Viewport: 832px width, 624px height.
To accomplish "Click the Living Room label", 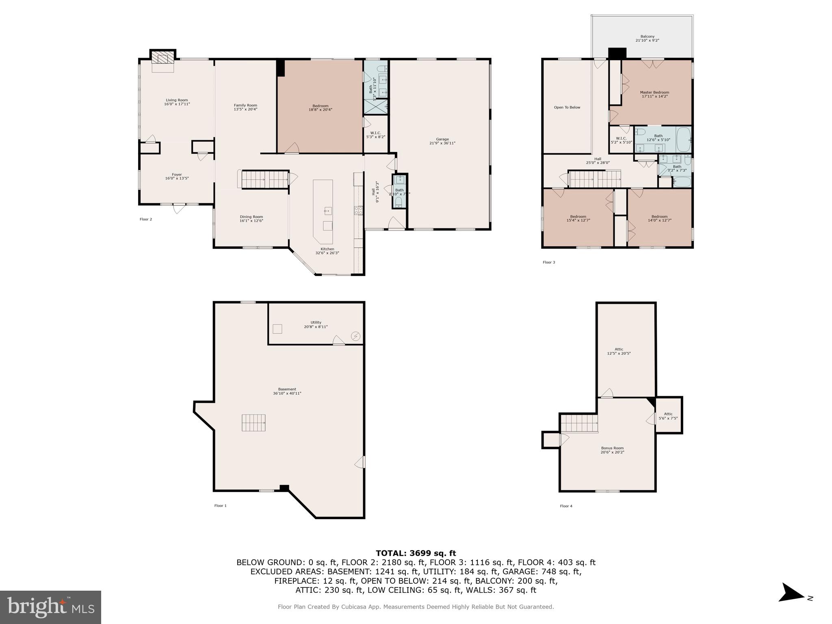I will [x=177, y=100].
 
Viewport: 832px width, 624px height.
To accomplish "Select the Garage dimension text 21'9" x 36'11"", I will [x=442, y=143].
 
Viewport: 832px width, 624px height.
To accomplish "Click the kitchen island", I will [x=323, y=211].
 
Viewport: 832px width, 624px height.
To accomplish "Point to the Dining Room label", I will [x=251, y=217].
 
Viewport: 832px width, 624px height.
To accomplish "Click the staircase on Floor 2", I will [x=263, y=179].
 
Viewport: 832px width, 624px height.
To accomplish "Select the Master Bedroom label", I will [x=654, y=92].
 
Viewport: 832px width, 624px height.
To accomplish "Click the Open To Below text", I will [x=567, y=107].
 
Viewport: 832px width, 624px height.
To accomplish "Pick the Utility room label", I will [x=316, y=322].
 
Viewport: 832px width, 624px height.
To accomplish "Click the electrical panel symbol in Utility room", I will [x=355, y=336].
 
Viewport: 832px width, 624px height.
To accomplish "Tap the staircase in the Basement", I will [x=254, y=423].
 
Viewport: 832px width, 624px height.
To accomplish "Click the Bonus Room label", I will [x=612, y=448].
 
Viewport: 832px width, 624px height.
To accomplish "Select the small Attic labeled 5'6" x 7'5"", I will [x=668, y=416].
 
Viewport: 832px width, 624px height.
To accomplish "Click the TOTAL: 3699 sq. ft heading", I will [x=416, y=553].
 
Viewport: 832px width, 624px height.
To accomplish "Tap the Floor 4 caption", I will [x=566, y=506].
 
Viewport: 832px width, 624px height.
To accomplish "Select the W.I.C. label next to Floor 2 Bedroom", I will [x=375, y=133].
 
